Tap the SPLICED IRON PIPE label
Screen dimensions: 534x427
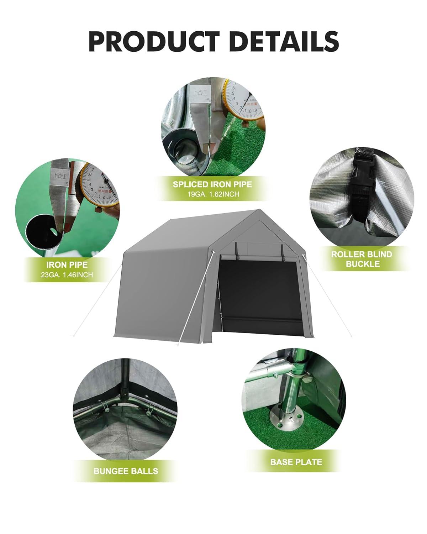coord(212,184)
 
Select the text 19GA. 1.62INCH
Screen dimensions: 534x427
coord(212,194)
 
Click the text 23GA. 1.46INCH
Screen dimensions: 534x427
coord(67,274)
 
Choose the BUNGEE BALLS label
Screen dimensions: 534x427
coord(126,471)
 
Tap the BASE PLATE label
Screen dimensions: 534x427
coord(296,462)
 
